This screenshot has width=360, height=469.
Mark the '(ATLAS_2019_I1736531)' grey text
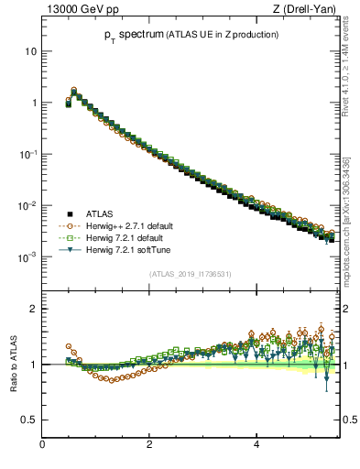coord(190,274)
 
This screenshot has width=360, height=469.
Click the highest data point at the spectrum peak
coord(73,91)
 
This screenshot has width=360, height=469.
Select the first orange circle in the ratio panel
coord(69,346)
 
